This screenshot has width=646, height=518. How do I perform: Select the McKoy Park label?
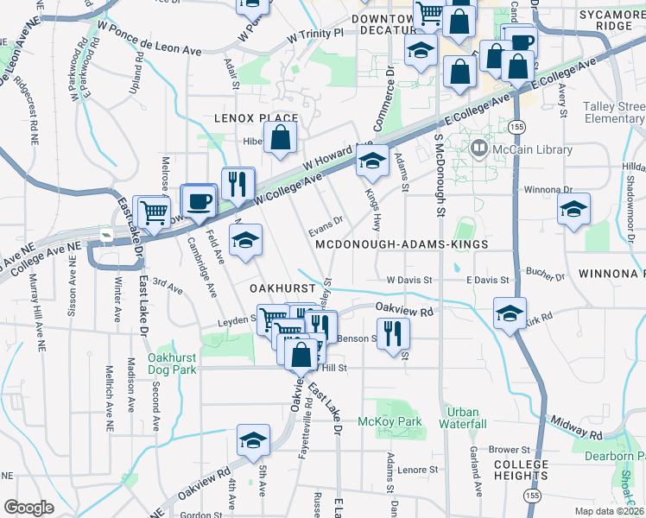[x=389, y=422]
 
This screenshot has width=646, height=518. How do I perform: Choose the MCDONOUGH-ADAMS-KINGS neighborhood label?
[x=402, y=245]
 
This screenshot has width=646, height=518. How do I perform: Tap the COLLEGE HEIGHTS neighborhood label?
[x=521, y=471]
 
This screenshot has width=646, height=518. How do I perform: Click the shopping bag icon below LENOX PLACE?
[x=281, y=137]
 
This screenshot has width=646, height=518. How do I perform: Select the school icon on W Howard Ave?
[x=372, y=161]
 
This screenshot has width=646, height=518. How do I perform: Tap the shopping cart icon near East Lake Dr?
[x=154, y=212]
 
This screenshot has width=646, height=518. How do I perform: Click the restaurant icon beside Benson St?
[x=393, y=332]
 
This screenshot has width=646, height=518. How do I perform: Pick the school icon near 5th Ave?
[x=252, y=439]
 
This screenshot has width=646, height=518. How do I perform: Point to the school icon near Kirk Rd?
[x=510, y=313]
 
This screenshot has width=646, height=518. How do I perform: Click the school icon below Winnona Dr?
[x=573, y=210]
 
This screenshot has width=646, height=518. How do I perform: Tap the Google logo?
[x=28, y=508]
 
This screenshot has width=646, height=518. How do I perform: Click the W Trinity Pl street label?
[x=315, y=36]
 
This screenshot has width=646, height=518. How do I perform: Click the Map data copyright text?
[x=610, y=511]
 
